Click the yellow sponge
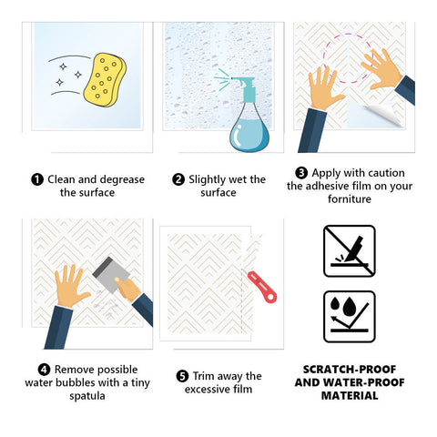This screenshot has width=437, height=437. pyautogui.click(x=105, y=80)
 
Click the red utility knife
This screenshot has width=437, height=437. pyautogui.click(x=261, y=287)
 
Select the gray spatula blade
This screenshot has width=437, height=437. pyautogui.click(x=111, y=274)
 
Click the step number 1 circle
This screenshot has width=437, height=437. pyautogui.click(x=37, y=179)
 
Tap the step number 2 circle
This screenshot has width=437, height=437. pyautogui.click(x=178, y=179)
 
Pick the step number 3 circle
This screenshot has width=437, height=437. pyautogui.click(x=301, y=173)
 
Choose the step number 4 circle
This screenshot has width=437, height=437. pyautogui.click(x=44, y=370)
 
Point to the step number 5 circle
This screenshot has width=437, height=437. pyautogui.click(x=182, y=376)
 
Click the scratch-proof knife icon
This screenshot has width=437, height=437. pyautogui.click(x=350, y=251)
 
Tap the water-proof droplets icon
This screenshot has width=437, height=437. pyautogui.click(x=350, y=317)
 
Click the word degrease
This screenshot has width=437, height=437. pyautogui.click(x=120, y=180)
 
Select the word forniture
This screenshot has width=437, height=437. pyautogui.click(x=350, y=199)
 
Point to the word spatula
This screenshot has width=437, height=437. pyautogui.click(x=87, y=396)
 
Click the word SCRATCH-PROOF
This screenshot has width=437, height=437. pyautogui.click(x=350, y=370)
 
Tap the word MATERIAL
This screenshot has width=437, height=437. pyautogui.click(x=350, y=396)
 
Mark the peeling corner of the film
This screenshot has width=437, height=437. pyautogui.click(x=384, y=116)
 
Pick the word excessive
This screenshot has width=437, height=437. pyautogui.click(x=208, y=390)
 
